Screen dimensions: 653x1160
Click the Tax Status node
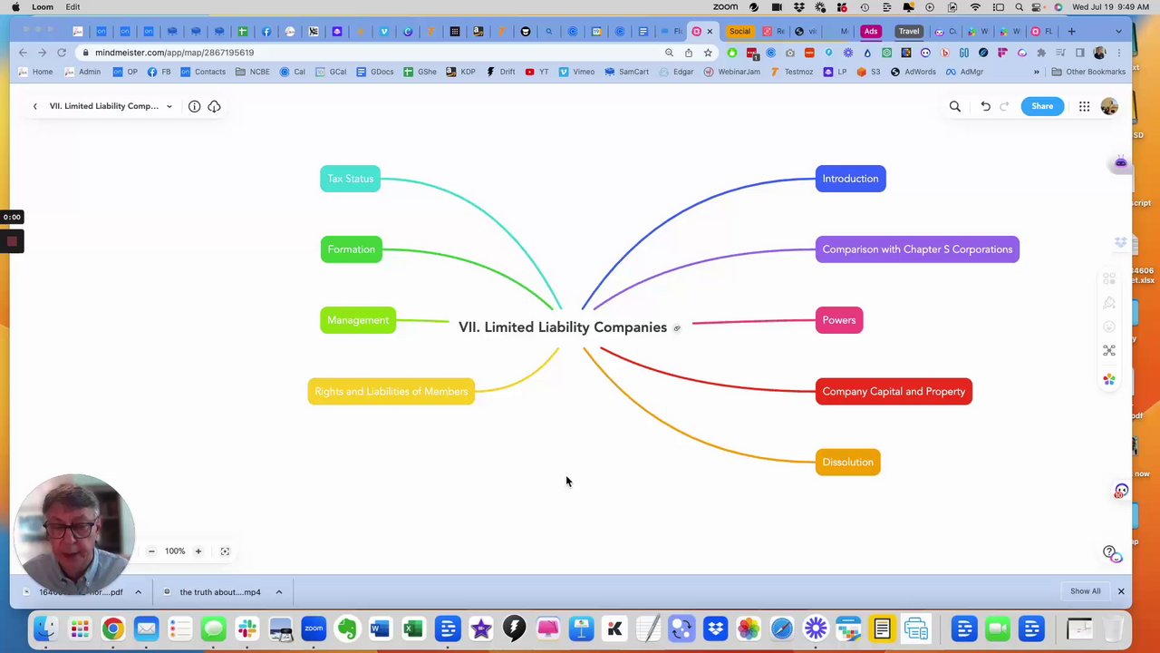click(351, 179)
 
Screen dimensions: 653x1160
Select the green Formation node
click(351, 249)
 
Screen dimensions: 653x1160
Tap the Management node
click(358, 320)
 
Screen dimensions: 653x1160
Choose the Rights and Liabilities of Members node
click(391, 392)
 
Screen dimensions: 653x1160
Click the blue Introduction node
click(850, 179)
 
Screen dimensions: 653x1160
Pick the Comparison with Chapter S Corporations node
click(917, 249)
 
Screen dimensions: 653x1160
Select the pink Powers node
click(838, 320)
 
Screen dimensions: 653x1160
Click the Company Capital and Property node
click(894, 392)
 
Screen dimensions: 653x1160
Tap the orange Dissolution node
click(847, 463)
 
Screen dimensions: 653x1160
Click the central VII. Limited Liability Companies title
click(562, 327)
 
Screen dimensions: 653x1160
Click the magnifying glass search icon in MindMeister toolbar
click(954, 106)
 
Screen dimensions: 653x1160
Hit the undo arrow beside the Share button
click(985, 106)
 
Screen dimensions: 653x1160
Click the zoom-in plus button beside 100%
click(198, 551)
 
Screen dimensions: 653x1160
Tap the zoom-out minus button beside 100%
click(151, 551)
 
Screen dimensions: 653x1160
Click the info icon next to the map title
click(194, 106)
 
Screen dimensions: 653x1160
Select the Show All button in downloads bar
click(1085, 591)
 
